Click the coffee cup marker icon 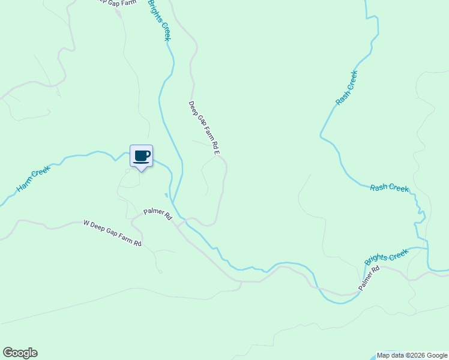pos(142,156)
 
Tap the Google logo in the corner pos(20,353)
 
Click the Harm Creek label pos(32,179)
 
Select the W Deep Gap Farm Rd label pos(112,233)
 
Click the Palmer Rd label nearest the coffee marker pos(158,214)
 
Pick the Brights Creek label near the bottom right pos(387,257)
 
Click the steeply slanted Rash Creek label pos(346,88)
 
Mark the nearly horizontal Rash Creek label pos(390,188)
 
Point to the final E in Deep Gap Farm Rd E pos(217,152)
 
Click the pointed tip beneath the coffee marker pos(142,171)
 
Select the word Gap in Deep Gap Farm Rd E pos(199,118)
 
